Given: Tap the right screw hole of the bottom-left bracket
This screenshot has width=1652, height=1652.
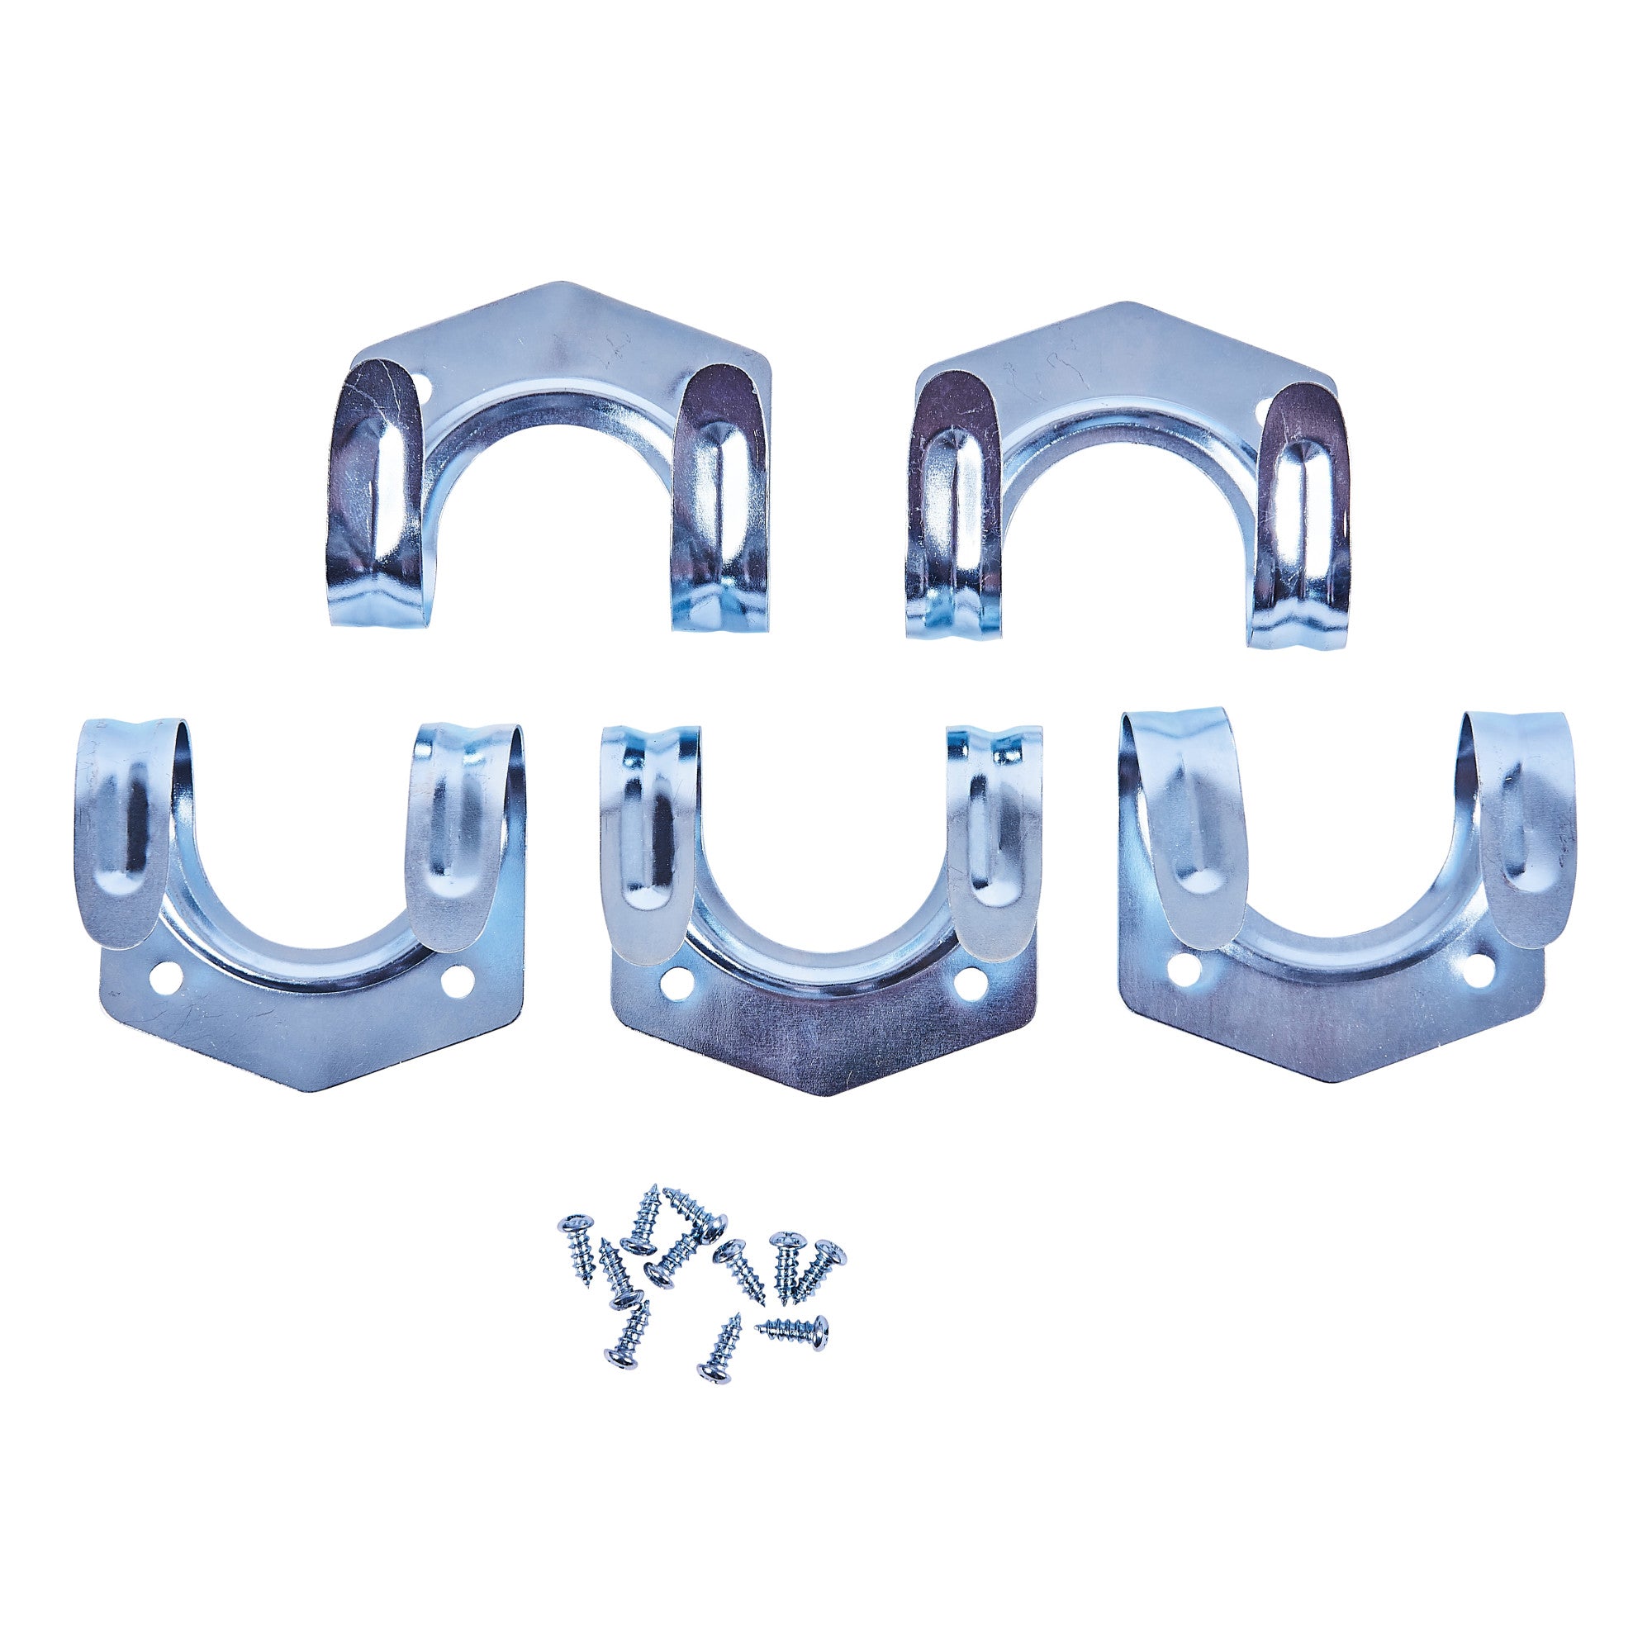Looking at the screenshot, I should (x=458, y=978).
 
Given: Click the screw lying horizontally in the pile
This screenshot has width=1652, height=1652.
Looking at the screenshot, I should (x=794, y=1351).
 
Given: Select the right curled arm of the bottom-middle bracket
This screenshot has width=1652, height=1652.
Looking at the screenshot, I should (x=992, y=829).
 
